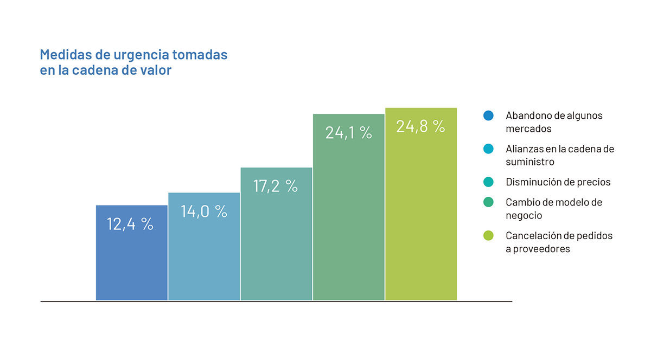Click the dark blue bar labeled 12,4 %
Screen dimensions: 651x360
pyautogui.click(x=132, y=253)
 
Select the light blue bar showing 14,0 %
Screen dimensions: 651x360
pyautogui.click(x=204, y=246)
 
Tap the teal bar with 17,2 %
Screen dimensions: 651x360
pyautogui.click(x=276, y=234)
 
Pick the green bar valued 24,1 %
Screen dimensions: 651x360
pyautogui.click(x=349, y=207)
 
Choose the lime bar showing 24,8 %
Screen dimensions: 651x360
pyautogui.click(x=421, y=204)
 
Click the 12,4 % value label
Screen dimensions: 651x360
pyautogui.click(x=130, y=224)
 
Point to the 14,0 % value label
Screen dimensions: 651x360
pyautogui.click(x=204, y=211)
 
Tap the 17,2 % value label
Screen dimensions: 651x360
pyautogui.click(x=276, y=187)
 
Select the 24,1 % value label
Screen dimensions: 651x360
pyautogui.click(x=348, y=133)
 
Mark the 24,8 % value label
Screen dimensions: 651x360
pyautogui.click(x=420, y=126)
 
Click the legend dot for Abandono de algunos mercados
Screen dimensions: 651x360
pyautogui.click(x=488, y=115)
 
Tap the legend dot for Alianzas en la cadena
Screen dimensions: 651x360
pyautogui.click(x=488, y=149)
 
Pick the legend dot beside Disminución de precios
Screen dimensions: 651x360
pyautogui.click(x=488, y=182)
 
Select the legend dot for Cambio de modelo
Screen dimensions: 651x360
pyautogui.click(x=488, y=202)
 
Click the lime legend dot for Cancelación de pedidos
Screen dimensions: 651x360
pyautogui.click(x=488, y=235)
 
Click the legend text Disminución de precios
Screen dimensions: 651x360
pyautogui.click(x=558, y=182)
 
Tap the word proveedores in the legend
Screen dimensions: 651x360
pyautogui.click(x=541, y=249)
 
